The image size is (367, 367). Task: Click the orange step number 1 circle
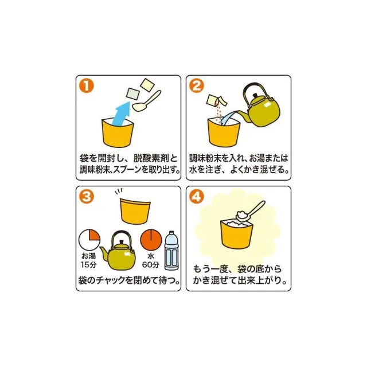pos(87,86)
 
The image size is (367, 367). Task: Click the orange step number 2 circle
pos(197,86)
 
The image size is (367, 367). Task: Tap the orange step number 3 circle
pos(87,196)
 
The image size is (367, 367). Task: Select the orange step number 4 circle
pos(197,196)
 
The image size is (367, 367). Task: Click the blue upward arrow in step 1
pos(122,113)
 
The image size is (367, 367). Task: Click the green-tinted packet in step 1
pos(133,94)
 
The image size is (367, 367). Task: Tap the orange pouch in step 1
pos(118,134)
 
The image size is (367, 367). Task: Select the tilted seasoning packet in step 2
pos(217,101)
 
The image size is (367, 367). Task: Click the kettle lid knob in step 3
pos(121,241)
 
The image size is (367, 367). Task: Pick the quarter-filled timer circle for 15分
pos(89,240)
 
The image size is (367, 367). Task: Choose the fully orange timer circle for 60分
pos(151,240)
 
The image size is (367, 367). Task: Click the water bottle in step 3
pos(171,251)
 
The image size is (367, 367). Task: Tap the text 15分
pos(89,265)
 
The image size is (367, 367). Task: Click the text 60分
pos(151,265)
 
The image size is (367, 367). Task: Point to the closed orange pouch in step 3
pos(135,210)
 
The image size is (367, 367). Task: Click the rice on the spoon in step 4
pos(240,214)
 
